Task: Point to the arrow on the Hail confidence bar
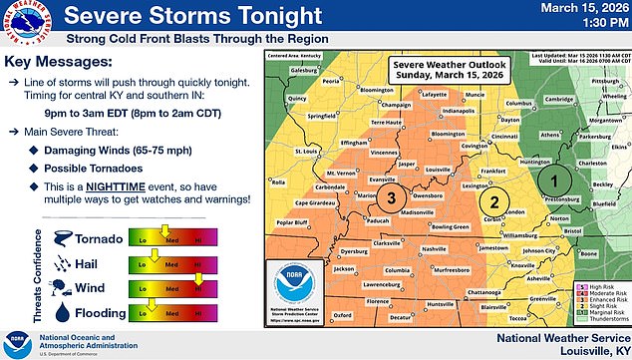click(x=155, y=261)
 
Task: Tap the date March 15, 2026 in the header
click(x=582, y=10)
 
